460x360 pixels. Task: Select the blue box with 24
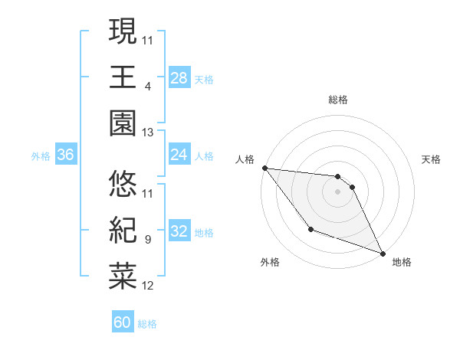pyautogui.click(x=179, y=155)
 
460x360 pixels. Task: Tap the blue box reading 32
pyautogui.click(x=179, y=231)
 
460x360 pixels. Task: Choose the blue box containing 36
pyautogui.click(x=66, y=155)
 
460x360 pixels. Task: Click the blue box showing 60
pyautogui.click(x=123, y=322)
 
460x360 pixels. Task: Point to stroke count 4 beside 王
pyautogui.click(x=147, y=86)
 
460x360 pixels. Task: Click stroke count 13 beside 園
pyautogui.click(x=148, y=133)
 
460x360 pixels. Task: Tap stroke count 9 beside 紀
pyautogui.click(x=147, y=240)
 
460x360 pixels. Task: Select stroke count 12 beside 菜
pyautogui.click(x=148, y=286)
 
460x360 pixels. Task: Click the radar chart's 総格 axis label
pyautogui.click(x=338, y=100)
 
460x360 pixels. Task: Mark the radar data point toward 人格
pyautogui.click(x=264, y=168)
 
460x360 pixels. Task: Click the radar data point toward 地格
pyautogui.click(x=383, y=253)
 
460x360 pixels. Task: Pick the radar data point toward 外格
pyautogui.click(x=310, y=229)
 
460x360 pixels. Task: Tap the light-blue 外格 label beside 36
pyautogui.click(x=41, y=155)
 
